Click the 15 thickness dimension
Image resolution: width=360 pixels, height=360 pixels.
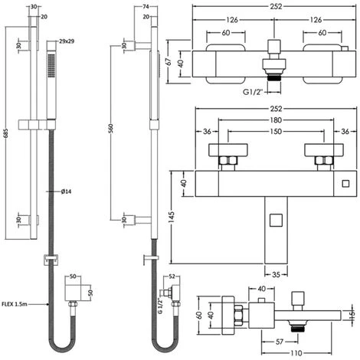coord(352,314)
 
